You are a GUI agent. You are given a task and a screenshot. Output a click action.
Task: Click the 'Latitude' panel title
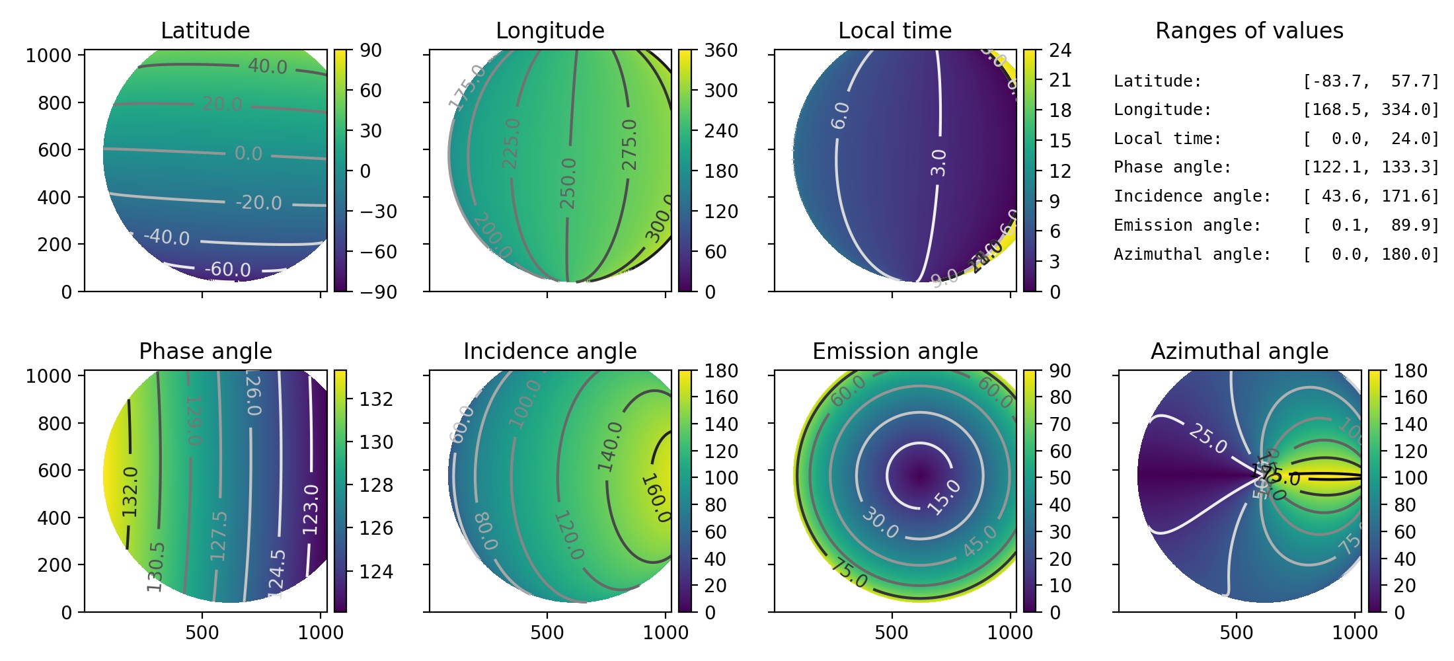[205, 30]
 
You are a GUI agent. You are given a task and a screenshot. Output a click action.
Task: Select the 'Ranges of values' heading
[1248, 30]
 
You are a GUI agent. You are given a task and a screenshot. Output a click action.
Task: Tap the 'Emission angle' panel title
[895, 351]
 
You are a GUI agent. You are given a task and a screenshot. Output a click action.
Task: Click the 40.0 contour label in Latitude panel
[267, 66]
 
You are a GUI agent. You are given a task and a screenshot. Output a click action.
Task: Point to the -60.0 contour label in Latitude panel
[227, 269]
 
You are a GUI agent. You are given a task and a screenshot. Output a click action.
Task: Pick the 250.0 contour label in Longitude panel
[568, 183]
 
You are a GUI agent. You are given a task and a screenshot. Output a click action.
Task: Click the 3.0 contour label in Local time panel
[938, 163]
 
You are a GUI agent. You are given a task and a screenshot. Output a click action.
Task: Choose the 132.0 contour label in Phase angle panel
[130, 491]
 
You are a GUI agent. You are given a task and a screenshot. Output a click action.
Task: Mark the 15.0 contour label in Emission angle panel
[944, 497]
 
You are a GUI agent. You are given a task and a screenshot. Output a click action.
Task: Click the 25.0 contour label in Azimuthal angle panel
[1207, 438]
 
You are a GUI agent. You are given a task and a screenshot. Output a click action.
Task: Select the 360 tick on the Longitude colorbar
[720, 50]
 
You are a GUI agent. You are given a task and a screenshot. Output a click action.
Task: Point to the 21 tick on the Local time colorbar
[1060, 80]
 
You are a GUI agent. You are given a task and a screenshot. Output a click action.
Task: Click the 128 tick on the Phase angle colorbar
[376, 485]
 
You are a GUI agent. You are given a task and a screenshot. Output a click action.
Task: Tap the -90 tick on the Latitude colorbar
[378, 292]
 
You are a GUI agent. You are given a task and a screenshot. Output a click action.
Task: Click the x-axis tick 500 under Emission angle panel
[892, 633]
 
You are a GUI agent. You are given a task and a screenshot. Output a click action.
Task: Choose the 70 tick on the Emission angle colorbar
[1060, 424]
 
